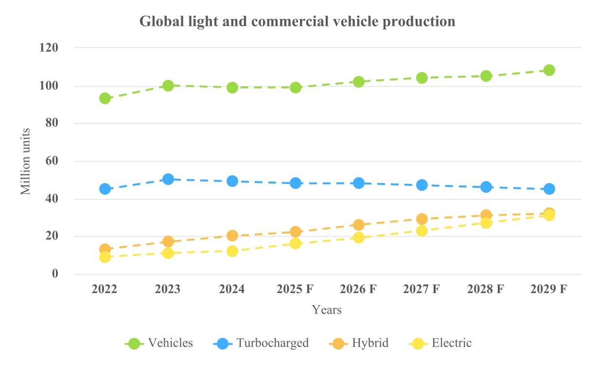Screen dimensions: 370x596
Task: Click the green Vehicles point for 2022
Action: pyautogui.click(x=105, y=98)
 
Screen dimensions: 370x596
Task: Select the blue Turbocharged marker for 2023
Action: pyautogui.click(x=168, y=179)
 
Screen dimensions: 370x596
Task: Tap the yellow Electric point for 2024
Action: pyautogui.click(x=232, y=251)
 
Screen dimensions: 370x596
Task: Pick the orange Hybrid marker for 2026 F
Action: pyautogui.click(x=359, y=224)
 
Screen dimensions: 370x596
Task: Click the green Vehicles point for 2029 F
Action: pyautogui.click(x=549, y=70)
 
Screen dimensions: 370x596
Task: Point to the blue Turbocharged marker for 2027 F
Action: pyautogui.click(x=422, y=185)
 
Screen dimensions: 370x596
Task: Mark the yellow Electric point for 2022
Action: pyautogui.click(x=105, y=257)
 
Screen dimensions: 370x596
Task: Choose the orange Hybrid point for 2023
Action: pyautogui.click(x=168, y=241)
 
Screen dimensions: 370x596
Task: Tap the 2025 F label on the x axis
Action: pyautogui.click(x=295, y=289)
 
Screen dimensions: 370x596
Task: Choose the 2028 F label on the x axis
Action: pyautogui.click(x=486, y=289)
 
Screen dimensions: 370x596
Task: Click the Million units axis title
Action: pyautogui.click(x=26, y=161)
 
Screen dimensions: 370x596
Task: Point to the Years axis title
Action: pyautogui.click(x=327, y=310)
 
